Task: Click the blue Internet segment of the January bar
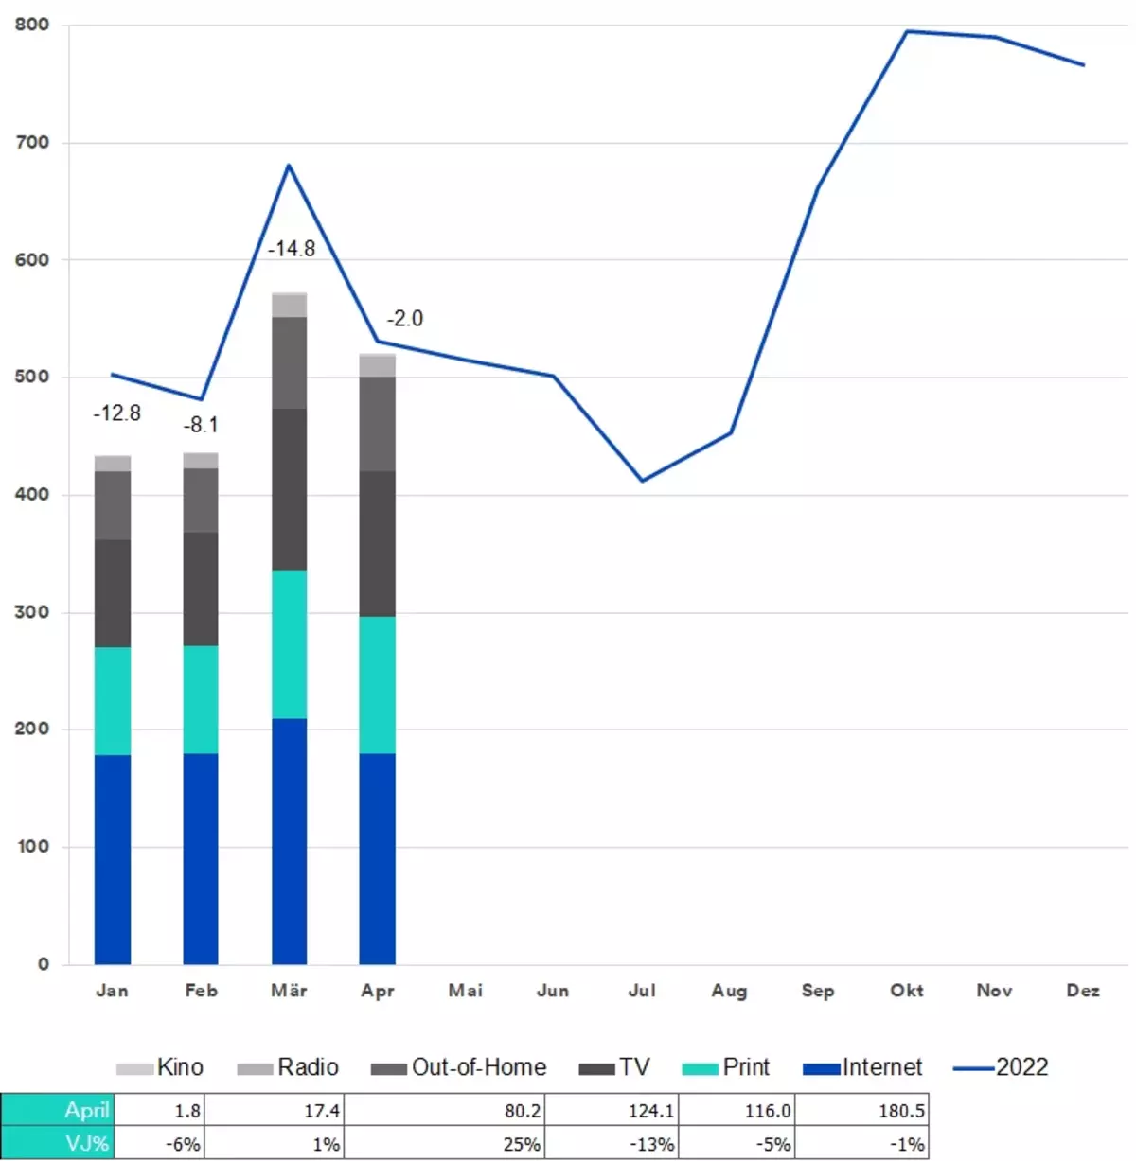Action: coord(113,859)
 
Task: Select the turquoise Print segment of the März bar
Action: coord(289,643)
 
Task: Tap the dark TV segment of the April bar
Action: coord(377,544)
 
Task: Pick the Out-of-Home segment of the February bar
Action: coord(201,500)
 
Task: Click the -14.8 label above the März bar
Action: coord(292,249)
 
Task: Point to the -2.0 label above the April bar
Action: coord(405,319)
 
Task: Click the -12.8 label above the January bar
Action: coord(116,413)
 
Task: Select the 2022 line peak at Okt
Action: coord(906,32)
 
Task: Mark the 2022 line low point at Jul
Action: coord(642,481)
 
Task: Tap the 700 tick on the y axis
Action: coord(32,143)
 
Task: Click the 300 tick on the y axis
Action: coord(32,612)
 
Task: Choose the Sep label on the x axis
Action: coord(818,991)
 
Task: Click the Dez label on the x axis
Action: coord(1083,991)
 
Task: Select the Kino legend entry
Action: coord(161,1067)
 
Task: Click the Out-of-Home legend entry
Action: coord(459,1067)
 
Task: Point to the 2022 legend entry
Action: coord(1002,1067)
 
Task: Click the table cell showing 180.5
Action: coord(862,1110)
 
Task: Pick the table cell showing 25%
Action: coord(445,1144)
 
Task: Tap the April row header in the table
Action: coord(57,1110)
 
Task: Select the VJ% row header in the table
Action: coord(57,1144)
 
